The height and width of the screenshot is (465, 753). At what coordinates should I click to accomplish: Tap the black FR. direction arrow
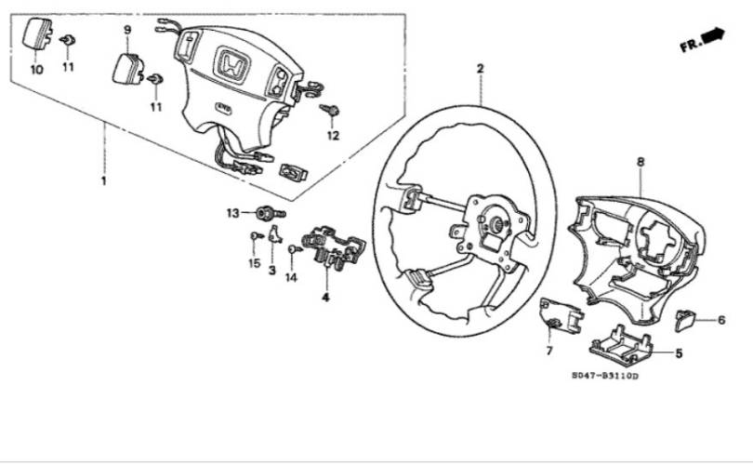point(713,35)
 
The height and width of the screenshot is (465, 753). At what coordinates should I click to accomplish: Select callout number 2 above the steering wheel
point(481,69)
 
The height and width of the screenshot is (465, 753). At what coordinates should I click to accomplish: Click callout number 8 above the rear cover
point(641,163)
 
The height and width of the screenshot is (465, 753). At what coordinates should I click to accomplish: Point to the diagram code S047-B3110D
point(605,376)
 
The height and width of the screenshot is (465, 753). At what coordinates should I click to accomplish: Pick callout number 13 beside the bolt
point(233,213)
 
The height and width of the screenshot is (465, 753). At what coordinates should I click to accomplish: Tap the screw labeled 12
point(330,110)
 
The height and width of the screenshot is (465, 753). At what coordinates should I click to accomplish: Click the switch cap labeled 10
point(36,33)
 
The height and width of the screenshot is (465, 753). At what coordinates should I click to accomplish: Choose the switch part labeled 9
point(127,69)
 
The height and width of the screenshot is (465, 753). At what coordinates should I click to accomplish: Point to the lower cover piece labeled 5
point(621,343)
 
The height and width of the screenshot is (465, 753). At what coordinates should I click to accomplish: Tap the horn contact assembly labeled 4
point(333,245)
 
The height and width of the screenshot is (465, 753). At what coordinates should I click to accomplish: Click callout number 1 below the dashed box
point(103,181)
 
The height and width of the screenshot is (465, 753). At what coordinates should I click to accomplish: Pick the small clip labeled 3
point(274,234)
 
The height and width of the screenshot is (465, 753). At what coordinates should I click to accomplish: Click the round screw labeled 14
point(294,249)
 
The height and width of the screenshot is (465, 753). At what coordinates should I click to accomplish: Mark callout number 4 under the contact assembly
point(325,298)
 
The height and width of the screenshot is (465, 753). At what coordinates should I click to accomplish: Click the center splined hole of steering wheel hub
point(495,223)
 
